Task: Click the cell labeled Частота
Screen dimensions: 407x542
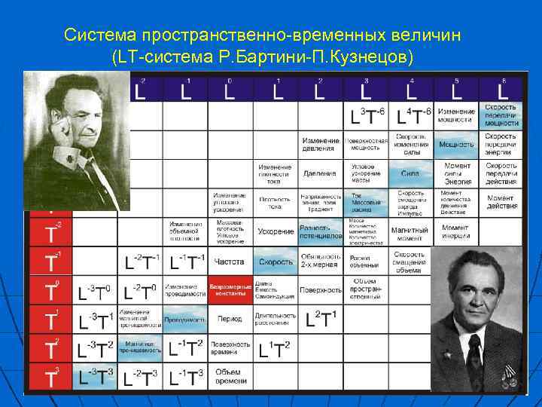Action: [230, 262]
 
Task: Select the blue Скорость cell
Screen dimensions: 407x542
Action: [276, 262]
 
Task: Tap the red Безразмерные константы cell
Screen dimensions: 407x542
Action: [230, 289]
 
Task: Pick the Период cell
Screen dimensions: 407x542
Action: [230, 319]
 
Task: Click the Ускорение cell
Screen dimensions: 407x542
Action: [276, 232]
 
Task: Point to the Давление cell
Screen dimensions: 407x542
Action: [320, 173]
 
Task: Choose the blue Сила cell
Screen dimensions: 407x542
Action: [410, 173]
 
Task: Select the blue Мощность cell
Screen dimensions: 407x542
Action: [456, 143]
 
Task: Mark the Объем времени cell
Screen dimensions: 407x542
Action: [228, 375]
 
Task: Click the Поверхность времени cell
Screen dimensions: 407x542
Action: [230, 347]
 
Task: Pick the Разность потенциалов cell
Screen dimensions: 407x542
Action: [321, 232]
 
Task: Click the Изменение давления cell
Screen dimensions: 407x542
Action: [321, 143]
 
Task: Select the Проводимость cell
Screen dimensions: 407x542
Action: [184, 319]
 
